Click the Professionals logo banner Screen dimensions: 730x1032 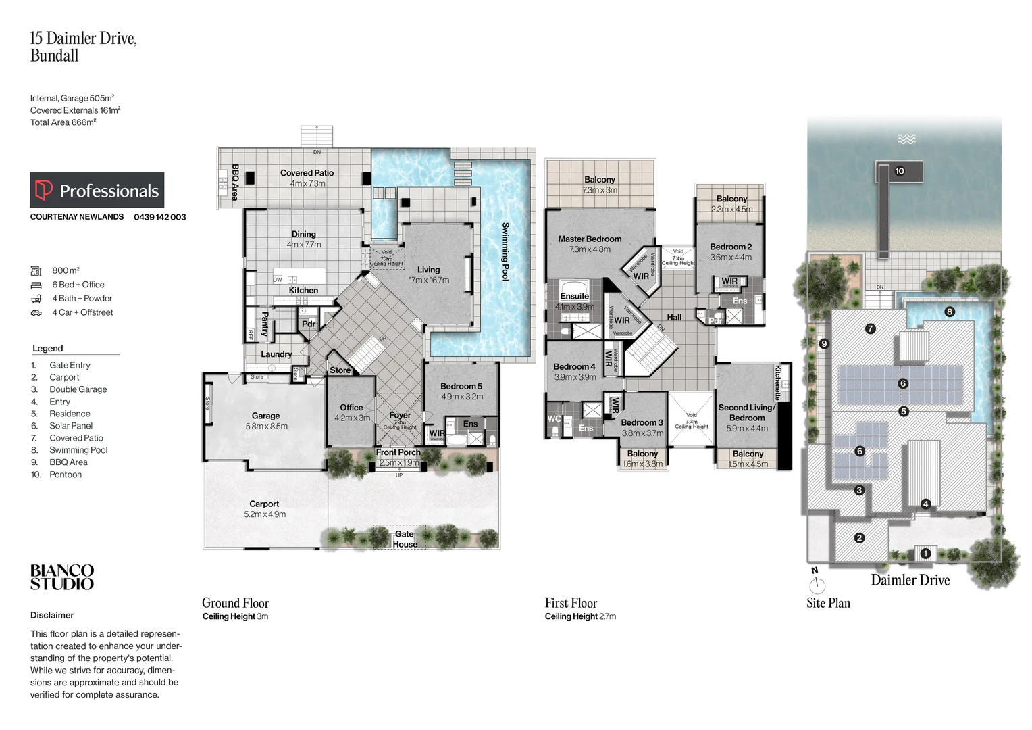[x=97, y=190]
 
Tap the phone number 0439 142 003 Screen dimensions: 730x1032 [x=159, y=217]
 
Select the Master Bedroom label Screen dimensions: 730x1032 [x=589, y=239]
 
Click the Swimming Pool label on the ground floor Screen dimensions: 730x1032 [x=505, y=251]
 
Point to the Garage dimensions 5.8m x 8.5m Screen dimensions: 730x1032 [x=266, y=427]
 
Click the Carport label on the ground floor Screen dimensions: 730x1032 [x=264, y=504]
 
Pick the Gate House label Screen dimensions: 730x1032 [x=405, y=539]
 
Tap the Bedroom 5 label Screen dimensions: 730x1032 [x=461, y=386]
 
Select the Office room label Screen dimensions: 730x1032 [x=351, y=407]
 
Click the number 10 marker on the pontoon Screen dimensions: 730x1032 [x=899, y=171]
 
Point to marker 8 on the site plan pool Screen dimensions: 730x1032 [x=950, y=312]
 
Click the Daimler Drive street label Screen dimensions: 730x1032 [x=910, y=580]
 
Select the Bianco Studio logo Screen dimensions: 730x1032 [x=62, y=577]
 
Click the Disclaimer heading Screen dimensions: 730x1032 [x=52, y=615]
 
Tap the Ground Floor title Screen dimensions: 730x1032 [x=235, y=603]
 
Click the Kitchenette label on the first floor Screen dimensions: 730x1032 [x=777, y=383]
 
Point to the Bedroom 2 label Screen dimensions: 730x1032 [x=730, y=247]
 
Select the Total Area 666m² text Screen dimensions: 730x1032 [x=63, y=122]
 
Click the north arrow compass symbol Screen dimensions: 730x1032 [x=817, y=582]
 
